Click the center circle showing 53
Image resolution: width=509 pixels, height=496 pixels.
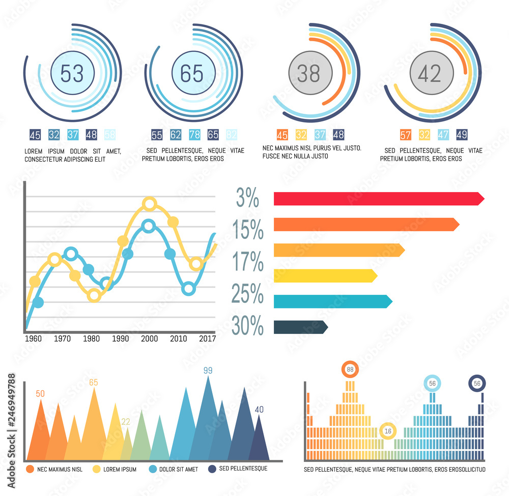pos(72,74)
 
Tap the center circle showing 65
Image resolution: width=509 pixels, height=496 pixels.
pos(192,74)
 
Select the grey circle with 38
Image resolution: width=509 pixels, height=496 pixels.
pos(308,74)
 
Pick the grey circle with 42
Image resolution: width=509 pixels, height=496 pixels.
pos(429,74)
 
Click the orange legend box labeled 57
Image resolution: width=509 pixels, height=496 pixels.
pos(406,135)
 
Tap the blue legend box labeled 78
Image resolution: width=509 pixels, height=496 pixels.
pos(194,135)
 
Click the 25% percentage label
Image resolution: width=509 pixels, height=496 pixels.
pos(247,294)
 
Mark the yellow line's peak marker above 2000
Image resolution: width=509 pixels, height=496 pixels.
pos(149,204)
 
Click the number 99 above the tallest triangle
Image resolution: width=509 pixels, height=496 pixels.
pos(208,370)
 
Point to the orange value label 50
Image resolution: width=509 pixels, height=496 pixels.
pos(40,393)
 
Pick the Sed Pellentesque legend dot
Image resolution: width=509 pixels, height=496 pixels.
pos(212,469)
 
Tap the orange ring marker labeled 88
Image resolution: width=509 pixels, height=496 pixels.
pos(350,369)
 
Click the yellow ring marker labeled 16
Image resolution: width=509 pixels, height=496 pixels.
pos(387,431)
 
